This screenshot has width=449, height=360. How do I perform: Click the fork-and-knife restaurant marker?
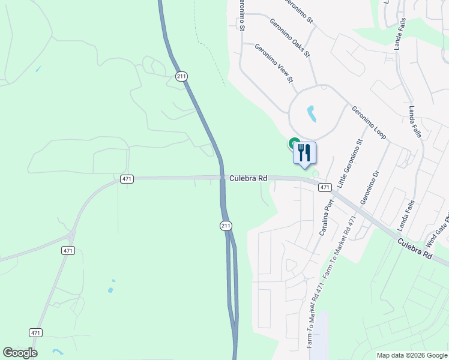(304, 153)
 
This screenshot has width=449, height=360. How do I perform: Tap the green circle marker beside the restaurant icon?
(294, 143)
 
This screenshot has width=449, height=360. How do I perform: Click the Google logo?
(20, 353)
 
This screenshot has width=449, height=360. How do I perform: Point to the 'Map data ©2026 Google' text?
(411, 355)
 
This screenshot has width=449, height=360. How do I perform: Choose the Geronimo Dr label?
(370, 186)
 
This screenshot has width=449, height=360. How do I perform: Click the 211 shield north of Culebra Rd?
(181, 76)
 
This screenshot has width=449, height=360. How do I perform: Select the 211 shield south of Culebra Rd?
(225, 226)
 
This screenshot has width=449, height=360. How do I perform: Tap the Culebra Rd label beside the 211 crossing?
(248, 178)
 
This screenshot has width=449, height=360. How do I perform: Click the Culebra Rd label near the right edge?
(414, 246)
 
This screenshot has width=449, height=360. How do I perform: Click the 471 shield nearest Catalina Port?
(325, 187)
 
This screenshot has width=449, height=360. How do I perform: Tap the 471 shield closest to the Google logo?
(36, 332)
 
